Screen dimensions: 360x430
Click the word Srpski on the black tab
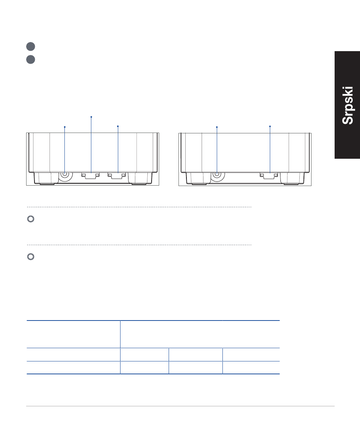pyautogui.click(x=347, y=106)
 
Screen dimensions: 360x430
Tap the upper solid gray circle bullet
pyautogui.click(x=31, y=47)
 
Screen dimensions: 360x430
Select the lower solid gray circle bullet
pyautogui.click(x=31, y=59)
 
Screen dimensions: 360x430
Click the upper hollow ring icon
pyautogui.click(x=31, y=219)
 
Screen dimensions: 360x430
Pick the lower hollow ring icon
pyautogui.click(x=31, y=257)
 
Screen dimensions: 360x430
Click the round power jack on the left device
pyautogui.click(x=65, y=174)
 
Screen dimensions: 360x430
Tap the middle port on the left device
pyautogui.click(x=91, y=175)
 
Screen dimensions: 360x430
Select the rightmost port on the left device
pyautogui.click(x=117, y=175)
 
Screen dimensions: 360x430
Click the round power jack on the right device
pyautogui.click(x=217, y=174)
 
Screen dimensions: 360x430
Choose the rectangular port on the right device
pyautogui.click(x=269, y=175)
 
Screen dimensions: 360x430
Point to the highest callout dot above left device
pyautogui.click(x=91, y=117)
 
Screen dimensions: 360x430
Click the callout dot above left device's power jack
pyautogui.click(x=65, y=127)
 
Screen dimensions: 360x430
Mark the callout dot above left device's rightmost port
pyautogui.click(x=118, y=126)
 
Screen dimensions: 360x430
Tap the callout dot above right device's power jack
pyautogui.click(x=217, y=127)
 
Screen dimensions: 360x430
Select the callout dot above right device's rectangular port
pyautogui.click(x=270, y=126)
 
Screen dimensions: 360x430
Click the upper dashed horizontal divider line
pyautogui.click(x=139, y=207)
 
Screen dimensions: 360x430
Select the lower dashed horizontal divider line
pyautogui.click(x=139, y=245)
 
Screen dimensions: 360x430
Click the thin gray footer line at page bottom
pyautogui.click(x=180, y=407)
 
